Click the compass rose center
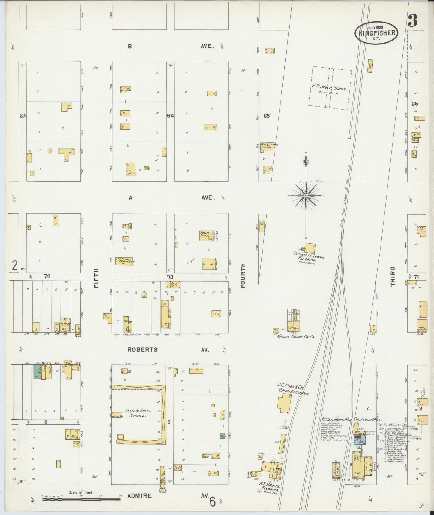(x=306, y=196)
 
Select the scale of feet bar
(x=81, y=499)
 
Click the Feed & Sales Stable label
(x=138, y=413)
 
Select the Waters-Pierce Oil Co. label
(x=296, y=337)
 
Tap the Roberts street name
(x=142, y=349)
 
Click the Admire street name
(x=139, y=495)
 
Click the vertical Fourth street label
(x=243, y=275)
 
